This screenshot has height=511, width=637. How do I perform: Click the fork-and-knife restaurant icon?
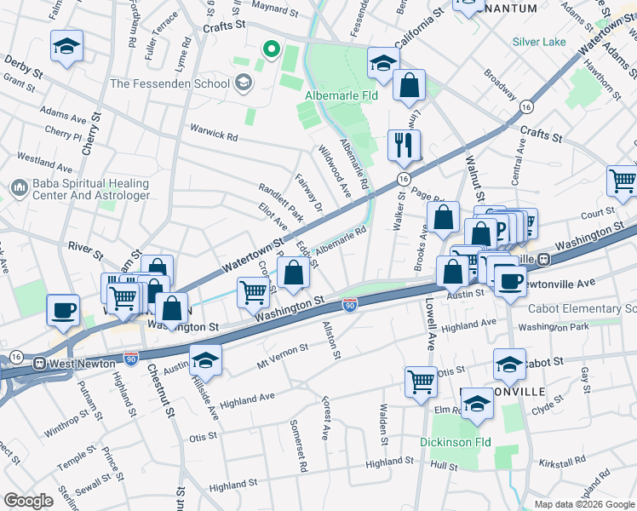click(404, 145)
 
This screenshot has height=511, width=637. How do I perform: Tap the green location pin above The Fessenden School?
click(272, 50)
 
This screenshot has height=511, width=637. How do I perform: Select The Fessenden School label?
click(169, 83)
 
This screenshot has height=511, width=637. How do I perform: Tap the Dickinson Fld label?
click(456, 442)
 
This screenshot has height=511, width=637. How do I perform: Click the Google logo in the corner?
click(29, 501)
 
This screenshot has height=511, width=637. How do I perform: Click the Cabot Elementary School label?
click(582, 308)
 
